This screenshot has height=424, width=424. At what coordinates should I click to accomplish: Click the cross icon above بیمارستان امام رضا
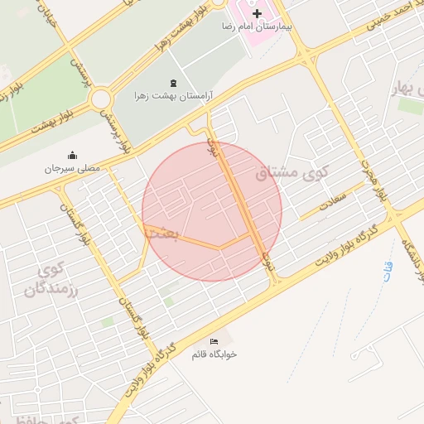tap(257, 14)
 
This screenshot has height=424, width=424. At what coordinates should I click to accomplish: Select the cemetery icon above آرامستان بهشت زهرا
tap(172, 83)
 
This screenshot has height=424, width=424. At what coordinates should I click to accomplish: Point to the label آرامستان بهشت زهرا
tap(173, 96)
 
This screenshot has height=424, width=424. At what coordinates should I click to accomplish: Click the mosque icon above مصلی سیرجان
tap(72, 155)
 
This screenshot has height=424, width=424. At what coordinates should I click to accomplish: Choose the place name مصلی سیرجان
tap(72, 168)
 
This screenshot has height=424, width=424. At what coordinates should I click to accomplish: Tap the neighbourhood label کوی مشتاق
tap(291, 174)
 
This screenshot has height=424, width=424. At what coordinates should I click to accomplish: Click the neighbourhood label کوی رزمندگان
tap(42, 280)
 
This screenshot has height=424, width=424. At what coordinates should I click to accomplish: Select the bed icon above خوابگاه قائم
tap(214, 341)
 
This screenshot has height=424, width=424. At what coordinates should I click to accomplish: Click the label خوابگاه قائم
tap(214, 354)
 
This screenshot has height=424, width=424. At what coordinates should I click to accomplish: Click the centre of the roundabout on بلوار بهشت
tap(102, 100)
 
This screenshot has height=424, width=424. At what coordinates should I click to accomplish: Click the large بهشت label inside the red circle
tap(161, 234)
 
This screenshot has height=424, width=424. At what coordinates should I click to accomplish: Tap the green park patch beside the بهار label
tap(410, 106)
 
